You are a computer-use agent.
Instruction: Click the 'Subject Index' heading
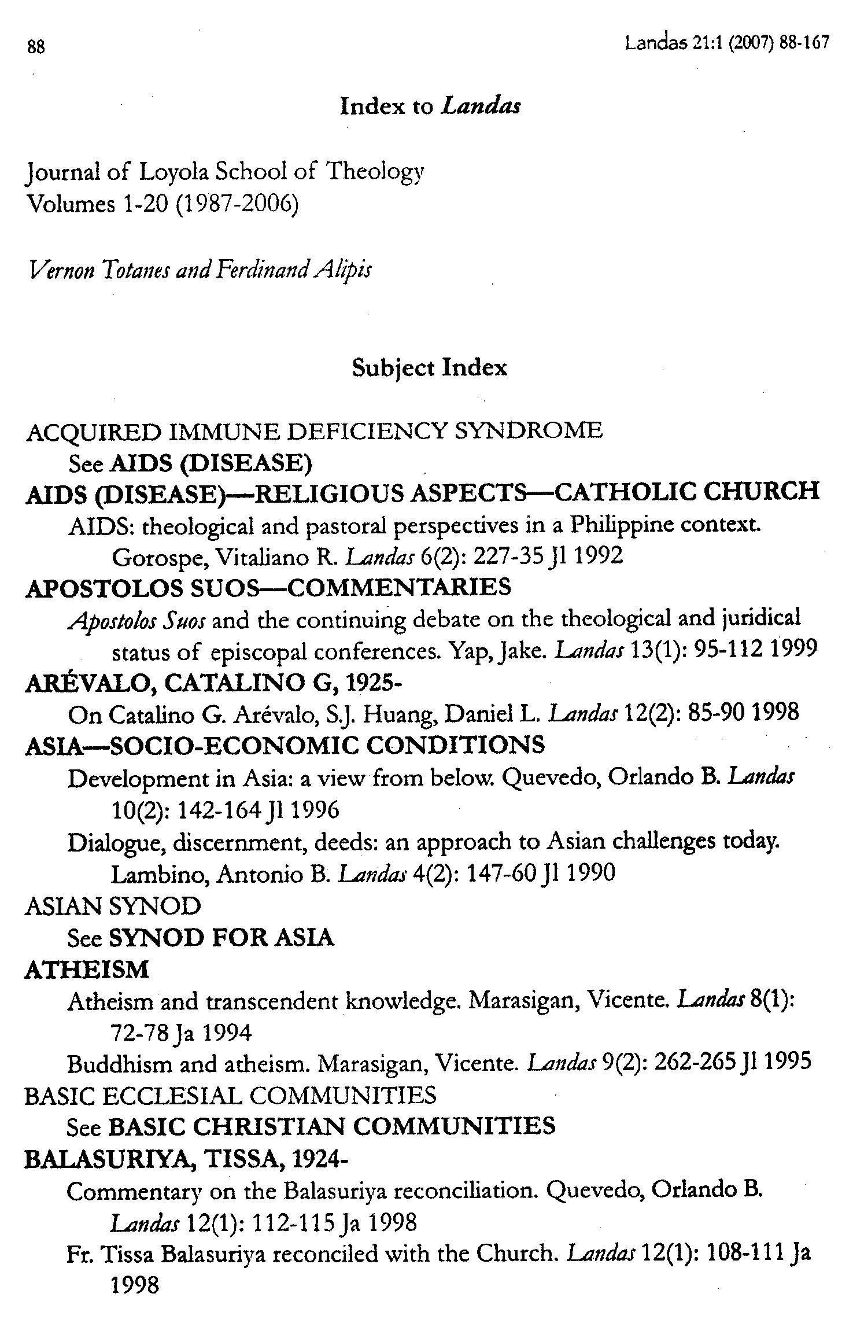(x=429, y=368)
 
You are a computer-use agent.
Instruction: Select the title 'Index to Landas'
(x=430, y=106)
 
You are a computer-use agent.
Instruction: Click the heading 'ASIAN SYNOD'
(x=113, y=906)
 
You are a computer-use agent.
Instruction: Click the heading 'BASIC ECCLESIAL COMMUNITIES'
(x=230, y=1095)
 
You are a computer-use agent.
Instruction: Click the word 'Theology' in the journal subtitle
(x=375, y=172)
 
